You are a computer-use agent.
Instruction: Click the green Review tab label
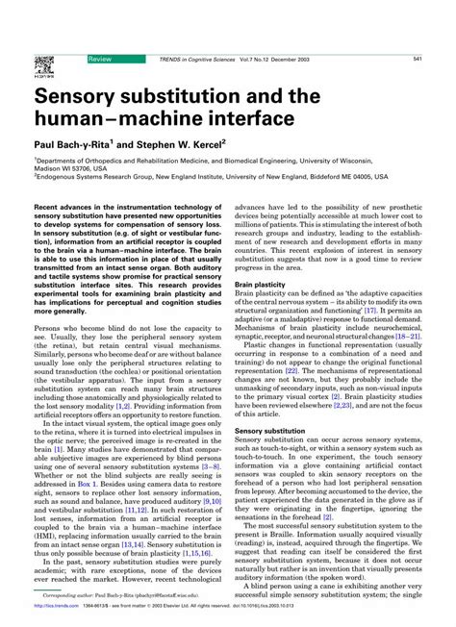(99, 60)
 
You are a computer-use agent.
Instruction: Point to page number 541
(418, 60)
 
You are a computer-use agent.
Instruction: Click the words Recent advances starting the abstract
(64, 233)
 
